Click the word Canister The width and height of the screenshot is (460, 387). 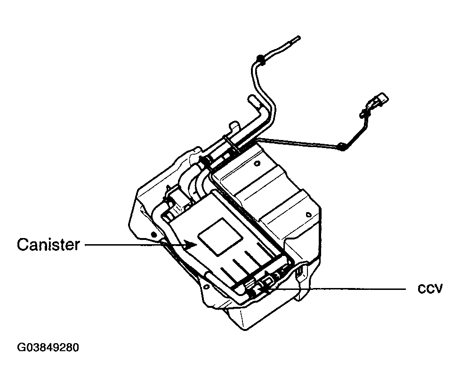tap(48, 245)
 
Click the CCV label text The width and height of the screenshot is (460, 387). tap(430, 289)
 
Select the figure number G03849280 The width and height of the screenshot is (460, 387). tap(48, 347)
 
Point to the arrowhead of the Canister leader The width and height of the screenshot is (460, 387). tap(191, 243)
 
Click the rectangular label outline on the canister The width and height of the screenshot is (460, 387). tap(221, 237)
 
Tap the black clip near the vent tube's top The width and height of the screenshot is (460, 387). tap(259, 58)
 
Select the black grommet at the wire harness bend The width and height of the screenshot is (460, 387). tap(341, 147)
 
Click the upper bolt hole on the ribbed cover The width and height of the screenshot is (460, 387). tap(258, 163)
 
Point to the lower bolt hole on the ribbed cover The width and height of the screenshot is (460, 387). tap(308, 214)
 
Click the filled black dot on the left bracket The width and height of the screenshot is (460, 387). tap(153, 234)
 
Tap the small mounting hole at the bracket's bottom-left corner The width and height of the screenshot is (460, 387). tap(206, 286)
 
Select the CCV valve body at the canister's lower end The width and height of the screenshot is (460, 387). tap(266, 284)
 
